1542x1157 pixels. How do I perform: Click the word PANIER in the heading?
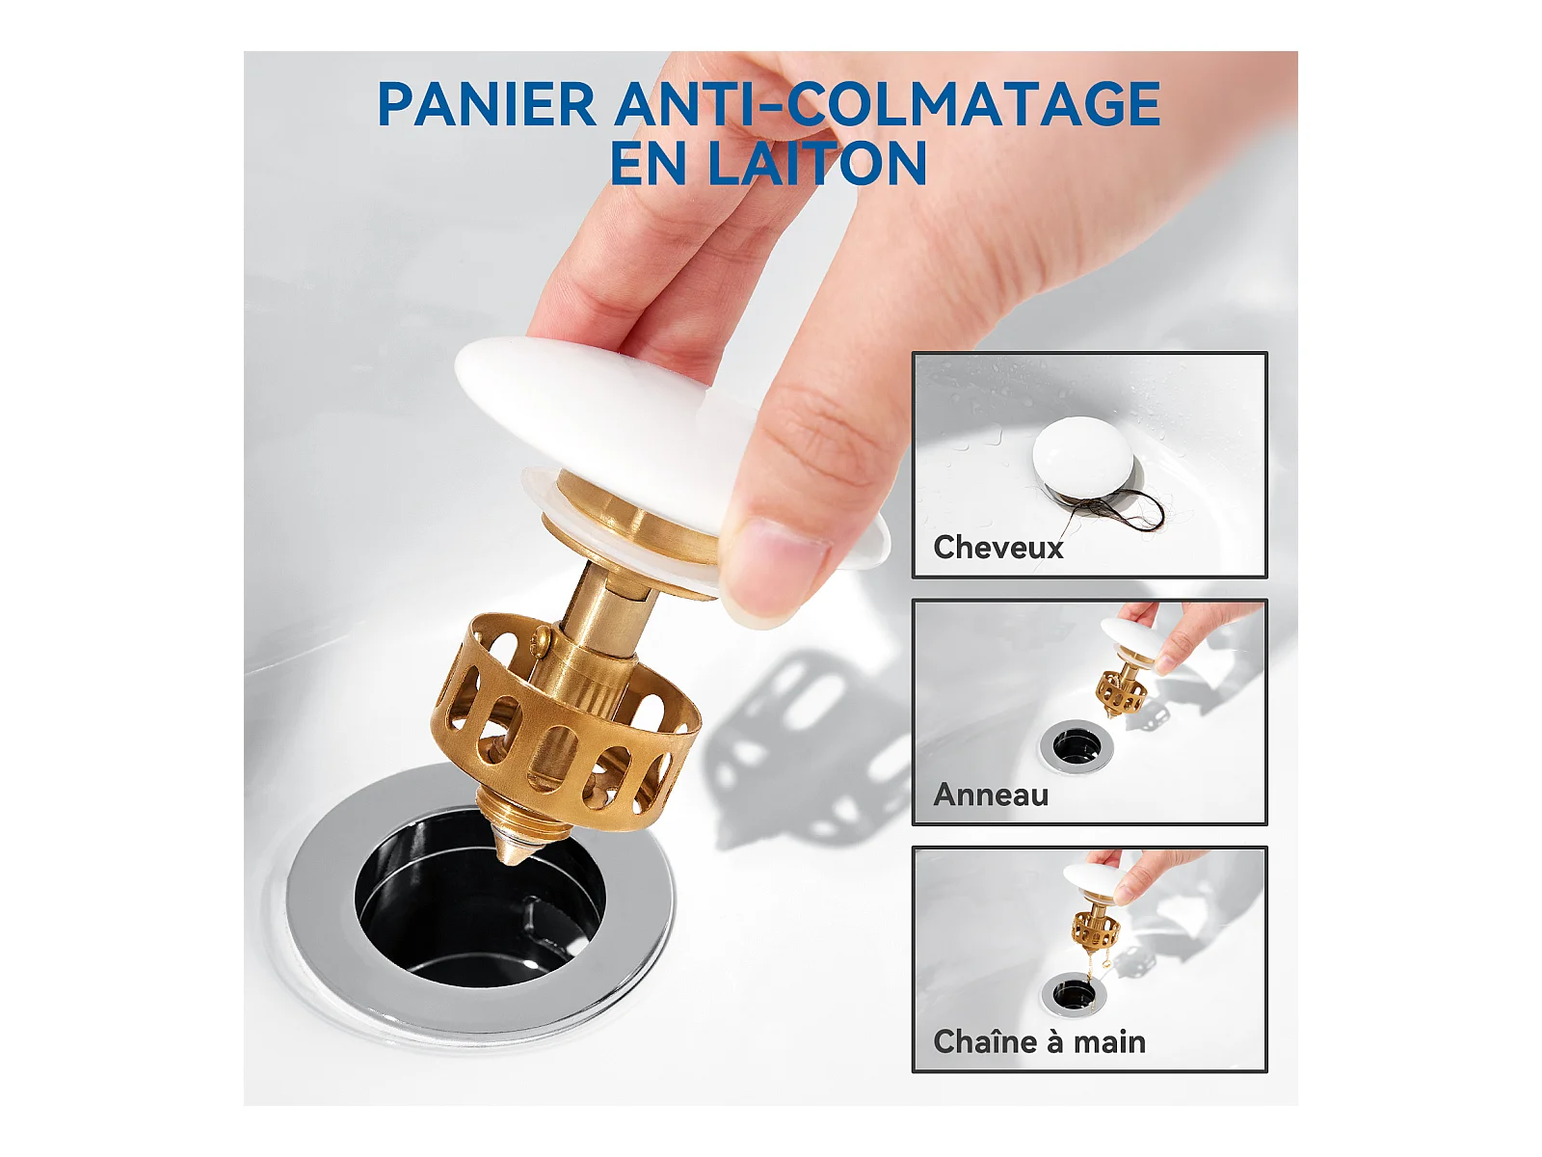(487, 104)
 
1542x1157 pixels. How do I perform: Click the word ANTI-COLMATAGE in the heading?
(888, 104)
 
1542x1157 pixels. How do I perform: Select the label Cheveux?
(998, 548)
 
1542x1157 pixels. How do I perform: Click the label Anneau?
(991, 794)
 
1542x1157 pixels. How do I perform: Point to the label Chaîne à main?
(1039, 1041)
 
